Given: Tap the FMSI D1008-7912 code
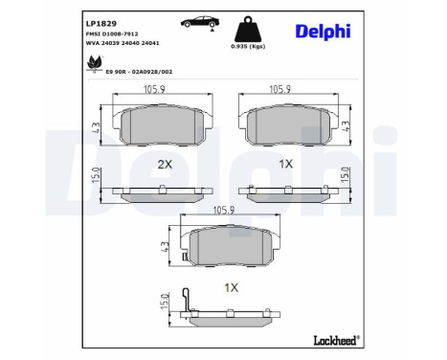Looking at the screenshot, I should (x=101, y=33).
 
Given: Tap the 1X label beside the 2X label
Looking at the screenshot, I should (x=285, y=164).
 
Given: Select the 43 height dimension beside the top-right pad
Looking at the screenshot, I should (x=357, y=124).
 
